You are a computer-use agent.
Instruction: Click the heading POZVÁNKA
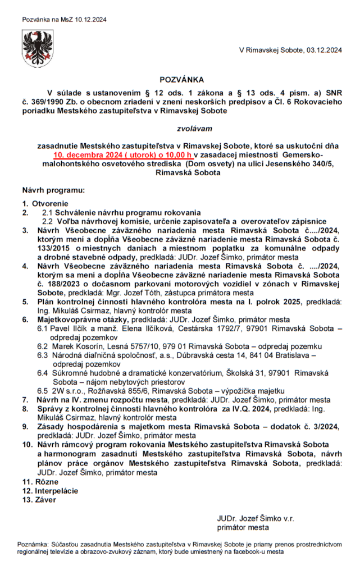[x=180, y=80]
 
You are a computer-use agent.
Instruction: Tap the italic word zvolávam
[x=180, y=129]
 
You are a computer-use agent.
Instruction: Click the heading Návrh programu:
[x=53, y=191]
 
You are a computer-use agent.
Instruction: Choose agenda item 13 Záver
[x=35, y=500]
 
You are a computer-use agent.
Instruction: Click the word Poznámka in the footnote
[x=33, y=544]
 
